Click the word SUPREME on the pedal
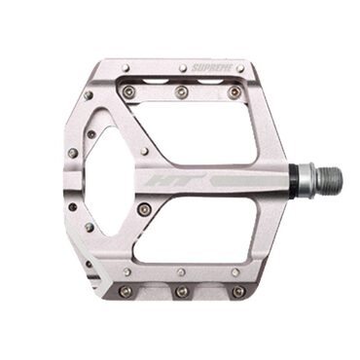[208, 68]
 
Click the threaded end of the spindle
[331, 179]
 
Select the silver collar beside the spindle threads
[306, 179]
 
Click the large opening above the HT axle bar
[198, 133]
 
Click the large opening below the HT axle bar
[198, 226]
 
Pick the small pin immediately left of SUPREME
[184, 68]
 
